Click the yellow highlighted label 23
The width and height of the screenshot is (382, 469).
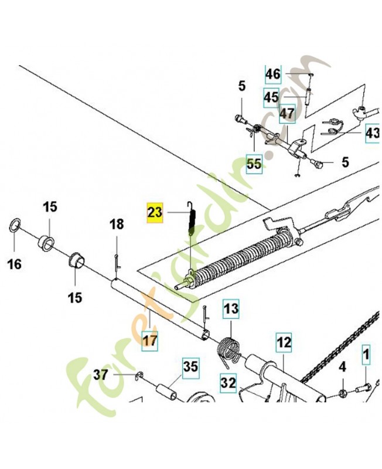(x=154, y=212)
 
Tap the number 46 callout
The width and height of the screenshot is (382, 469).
(x=273, y=74)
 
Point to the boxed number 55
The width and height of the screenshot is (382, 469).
(x=254, y=164)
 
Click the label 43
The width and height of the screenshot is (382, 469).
(x=373, y=134)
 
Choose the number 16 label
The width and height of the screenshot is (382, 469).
(x=15, y=264)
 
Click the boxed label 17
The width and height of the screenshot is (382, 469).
(x=151, y=339)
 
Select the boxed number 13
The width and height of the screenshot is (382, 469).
(x=231, y=308)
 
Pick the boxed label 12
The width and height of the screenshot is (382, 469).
(x=284, y=341)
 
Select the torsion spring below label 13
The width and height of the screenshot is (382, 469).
(x=227, y=349)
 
